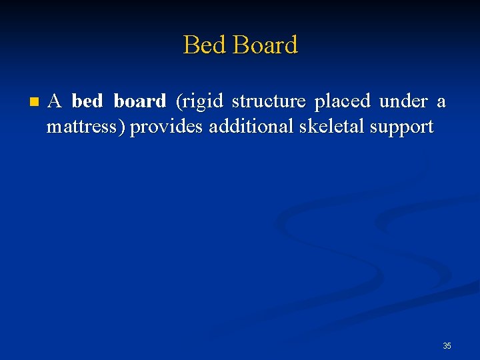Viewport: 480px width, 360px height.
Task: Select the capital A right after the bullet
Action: [x=55, y=101]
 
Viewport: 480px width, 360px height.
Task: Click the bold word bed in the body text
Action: [x=87, y=101]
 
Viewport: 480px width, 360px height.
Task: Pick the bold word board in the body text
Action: [x=140, y=101]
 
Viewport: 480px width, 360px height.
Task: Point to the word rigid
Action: [x=201, y=102]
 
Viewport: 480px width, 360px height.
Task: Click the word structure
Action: [x=269, y=101]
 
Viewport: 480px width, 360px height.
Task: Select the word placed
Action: [x=342, y=102]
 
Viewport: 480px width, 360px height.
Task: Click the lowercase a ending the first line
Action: [x=441, y=102]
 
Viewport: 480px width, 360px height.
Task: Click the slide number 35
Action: [x=447, y=346]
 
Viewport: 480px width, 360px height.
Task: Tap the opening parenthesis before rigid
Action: [x=178, y=102]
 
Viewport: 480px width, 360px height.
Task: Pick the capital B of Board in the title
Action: [x=241, y=45]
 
